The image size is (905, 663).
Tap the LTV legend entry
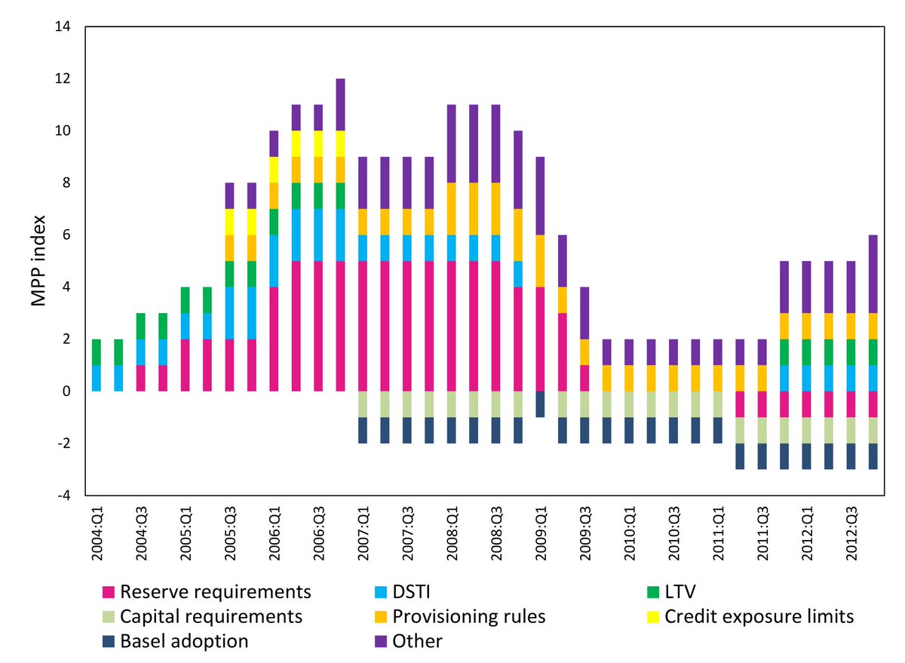679,591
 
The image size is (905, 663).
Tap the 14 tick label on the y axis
60,27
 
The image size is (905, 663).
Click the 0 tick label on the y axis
66,391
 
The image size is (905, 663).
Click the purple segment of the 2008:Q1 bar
452,144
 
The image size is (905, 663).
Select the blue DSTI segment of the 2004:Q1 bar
97,378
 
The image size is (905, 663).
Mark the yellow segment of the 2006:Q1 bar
274,170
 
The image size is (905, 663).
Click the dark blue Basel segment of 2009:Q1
540,404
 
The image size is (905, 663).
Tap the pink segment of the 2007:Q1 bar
363,326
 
